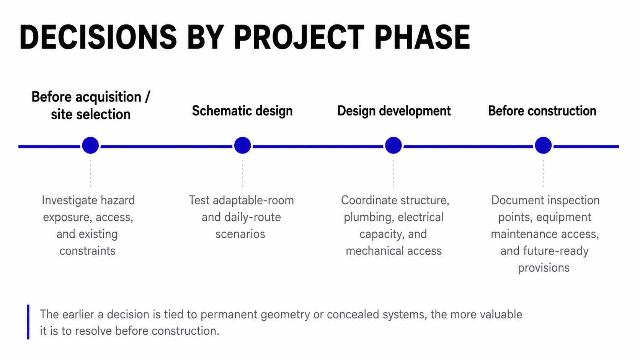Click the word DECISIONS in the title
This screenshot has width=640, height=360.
tap(98, 37)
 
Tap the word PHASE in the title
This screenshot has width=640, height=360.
tap(422, 37)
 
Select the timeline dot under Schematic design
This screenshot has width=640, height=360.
tap(242, 145)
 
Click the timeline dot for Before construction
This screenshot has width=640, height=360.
tap(543, 145)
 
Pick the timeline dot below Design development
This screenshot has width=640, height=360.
tap(393, 145)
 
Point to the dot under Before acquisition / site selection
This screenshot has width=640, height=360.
tap(90, 145)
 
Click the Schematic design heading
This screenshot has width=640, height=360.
tap(242, 111)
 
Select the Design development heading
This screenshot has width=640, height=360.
tap(394, 111)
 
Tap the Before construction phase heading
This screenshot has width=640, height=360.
tap(542, 111)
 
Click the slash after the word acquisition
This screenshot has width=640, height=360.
tap(147, 97)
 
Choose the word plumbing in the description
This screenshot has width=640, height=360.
tap(367, 218)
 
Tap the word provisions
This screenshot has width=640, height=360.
tap(544, 268)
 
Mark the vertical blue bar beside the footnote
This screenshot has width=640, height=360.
tap(28, 322)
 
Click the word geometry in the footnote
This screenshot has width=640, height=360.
tap(285, 315)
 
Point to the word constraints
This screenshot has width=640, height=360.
tap(87, 251)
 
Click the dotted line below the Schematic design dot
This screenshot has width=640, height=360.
tap(242, 173)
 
